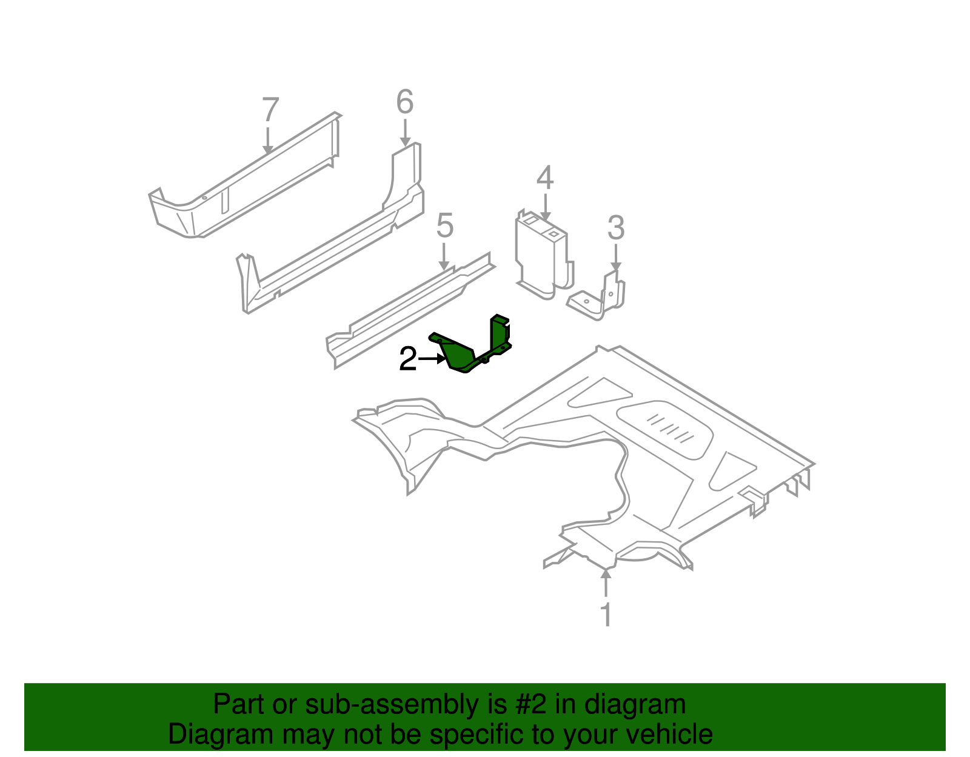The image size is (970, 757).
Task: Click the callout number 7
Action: pyautogui.click(x=270, y=110)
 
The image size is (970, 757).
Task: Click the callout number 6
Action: pyautogui.click(x=404, y=102)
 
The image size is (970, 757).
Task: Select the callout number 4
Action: pyautogui.click(x=545, y=178)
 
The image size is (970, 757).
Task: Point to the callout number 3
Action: pyautogui.click(x=615, y=228)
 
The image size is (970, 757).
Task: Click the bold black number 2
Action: pyautogui.click(x=407, y=359)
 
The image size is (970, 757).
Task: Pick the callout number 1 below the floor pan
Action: pyautogui.click(x=606, y=614)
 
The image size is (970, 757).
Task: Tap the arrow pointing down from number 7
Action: pyautogui.click(x=268, y=139)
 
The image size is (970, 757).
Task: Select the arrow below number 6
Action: pyautogui.click(x=405, y=133)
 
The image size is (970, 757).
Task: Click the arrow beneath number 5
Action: pyautogui.click(x=444, y=257)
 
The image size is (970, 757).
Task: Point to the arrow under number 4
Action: pyautogui.click(x=545, y=207)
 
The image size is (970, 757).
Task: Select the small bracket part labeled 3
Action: pyautogui.click(x=600, y=297)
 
